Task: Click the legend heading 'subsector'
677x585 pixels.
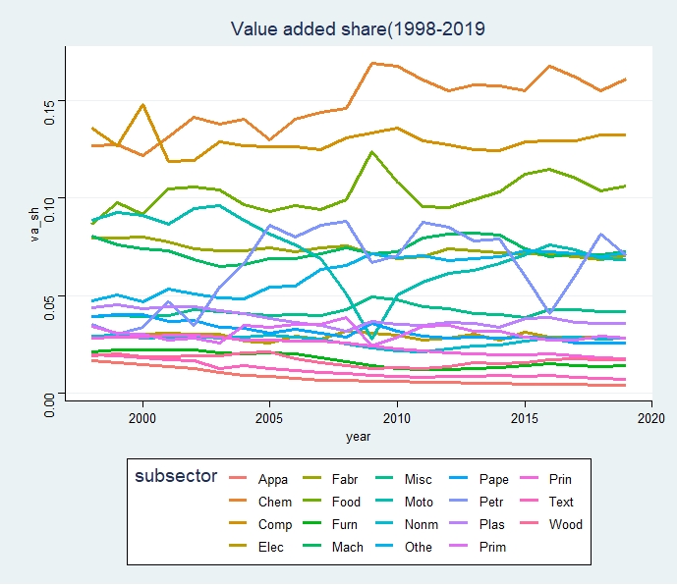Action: tap(176, 477)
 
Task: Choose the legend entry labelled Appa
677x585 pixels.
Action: tap(273, 480)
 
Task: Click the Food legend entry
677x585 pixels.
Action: tap(347, 503)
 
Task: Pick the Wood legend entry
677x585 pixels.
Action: tap(568, 525)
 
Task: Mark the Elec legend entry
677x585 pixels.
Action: tap(272, 548)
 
